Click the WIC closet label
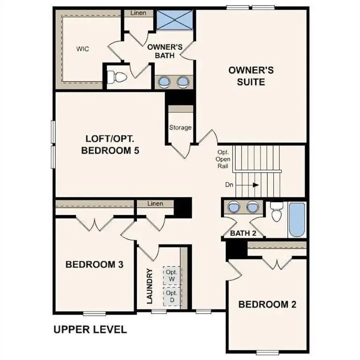pos(83,49)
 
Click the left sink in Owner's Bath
pos(165,82)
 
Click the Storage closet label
pos(180,127)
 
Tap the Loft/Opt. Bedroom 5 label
pos(111,145)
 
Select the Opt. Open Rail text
pos(223,159)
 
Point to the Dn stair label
pos(229,185)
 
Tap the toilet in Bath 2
pos(277,213)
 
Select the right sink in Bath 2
pos(253,207)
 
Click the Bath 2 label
pos(243,233)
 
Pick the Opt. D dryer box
pos(171,296)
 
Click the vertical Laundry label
pos(150,286)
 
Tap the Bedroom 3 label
pos(94,265)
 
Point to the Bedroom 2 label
pos(267,305)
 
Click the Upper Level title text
pos(90,330)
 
